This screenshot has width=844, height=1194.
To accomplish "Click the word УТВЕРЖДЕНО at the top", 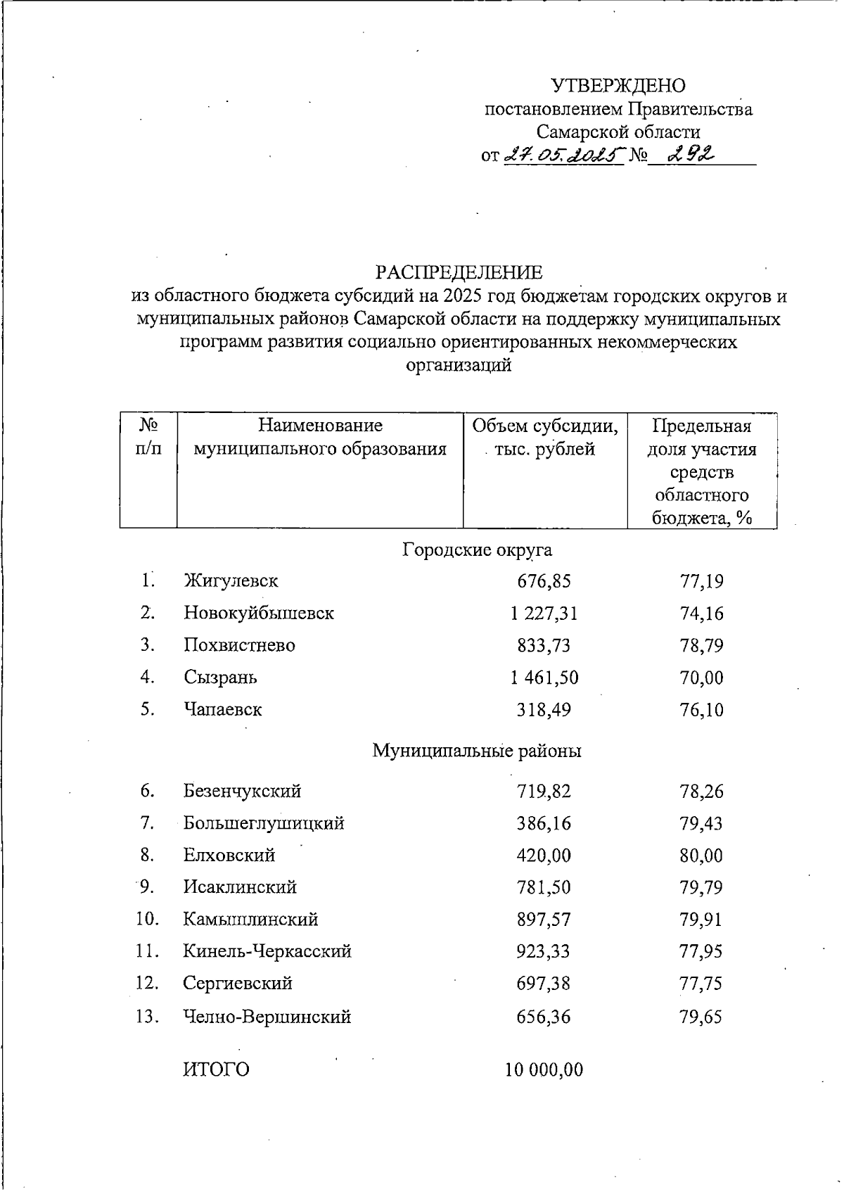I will point(618,86).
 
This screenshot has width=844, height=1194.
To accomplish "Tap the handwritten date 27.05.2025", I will point(565,155).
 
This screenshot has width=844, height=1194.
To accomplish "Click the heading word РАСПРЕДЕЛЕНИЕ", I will point(459,272).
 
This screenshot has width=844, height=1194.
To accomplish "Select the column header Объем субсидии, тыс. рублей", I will point(545,438).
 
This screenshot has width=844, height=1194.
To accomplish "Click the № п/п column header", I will point(148,437).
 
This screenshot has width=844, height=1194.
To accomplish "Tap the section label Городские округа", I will point(477,550).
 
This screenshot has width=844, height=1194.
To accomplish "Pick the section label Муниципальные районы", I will point(476,751).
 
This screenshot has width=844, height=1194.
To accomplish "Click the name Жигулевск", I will point(231,581).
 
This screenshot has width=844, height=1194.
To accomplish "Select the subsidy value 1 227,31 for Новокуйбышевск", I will point(544,614).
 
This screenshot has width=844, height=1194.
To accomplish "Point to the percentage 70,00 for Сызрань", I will point(701,678).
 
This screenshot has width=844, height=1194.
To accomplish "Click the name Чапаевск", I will point(223,709).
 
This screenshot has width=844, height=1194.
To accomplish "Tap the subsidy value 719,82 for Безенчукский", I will point(544,792).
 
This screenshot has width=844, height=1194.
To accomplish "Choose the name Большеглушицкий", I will point(264,823).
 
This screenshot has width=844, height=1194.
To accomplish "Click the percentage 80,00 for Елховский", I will point(701,856).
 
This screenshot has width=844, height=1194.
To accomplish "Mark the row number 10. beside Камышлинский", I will point(148,919).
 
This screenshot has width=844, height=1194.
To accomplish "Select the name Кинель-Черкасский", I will point(267,952).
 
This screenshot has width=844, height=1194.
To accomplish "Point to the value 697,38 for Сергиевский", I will point(544,984).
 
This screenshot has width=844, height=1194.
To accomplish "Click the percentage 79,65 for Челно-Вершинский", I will point(701,1017).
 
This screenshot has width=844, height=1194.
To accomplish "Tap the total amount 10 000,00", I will point(544,1070).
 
